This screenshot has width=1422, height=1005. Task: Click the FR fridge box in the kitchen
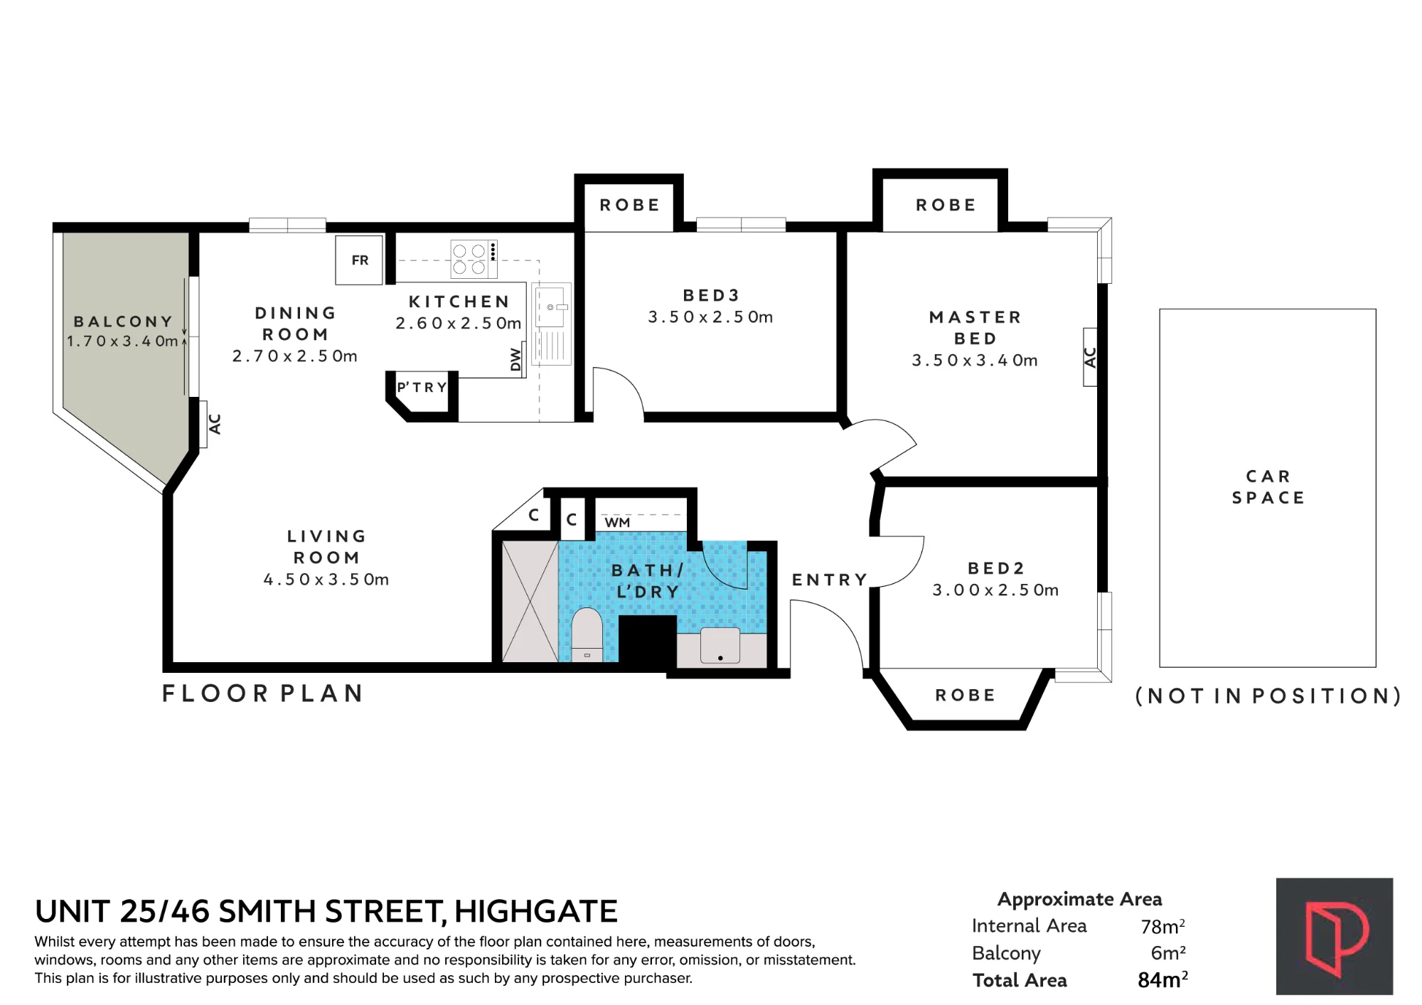click(x=359, y=260)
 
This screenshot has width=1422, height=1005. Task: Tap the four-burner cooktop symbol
click(x=474, y=259)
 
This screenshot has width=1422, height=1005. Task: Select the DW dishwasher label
click(x=515, y=360)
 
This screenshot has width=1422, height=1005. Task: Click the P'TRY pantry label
click(x=422, y=388)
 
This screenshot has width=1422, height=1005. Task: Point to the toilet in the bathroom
click(x=587, y=634)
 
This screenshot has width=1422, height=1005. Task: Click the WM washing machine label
click(x=617, y=523)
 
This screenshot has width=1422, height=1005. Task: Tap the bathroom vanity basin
click(x=720, y=646)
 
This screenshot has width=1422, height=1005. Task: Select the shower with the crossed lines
click(x=530, y=601)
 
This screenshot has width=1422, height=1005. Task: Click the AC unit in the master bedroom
click(x=1090, y=357)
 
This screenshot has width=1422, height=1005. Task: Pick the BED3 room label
click(x=711, y=295)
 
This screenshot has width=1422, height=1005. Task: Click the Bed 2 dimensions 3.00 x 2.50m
click(x=995, y=590)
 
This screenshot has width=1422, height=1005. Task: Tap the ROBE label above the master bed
click(x=946, y=206)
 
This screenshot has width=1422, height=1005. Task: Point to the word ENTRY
click(x=830, y=580)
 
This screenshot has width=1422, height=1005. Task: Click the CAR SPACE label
click(x=1268, y=487)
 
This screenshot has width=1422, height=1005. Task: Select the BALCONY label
click(x=124, y=322)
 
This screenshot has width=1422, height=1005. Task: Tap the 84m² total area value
click(x=1162, y=980)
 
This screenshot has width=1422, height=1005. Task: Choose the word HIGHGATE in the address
click(x=536, y=912)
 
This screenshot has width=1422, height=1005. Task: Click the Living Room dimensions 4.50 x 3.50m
click(x=326, y=580)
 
